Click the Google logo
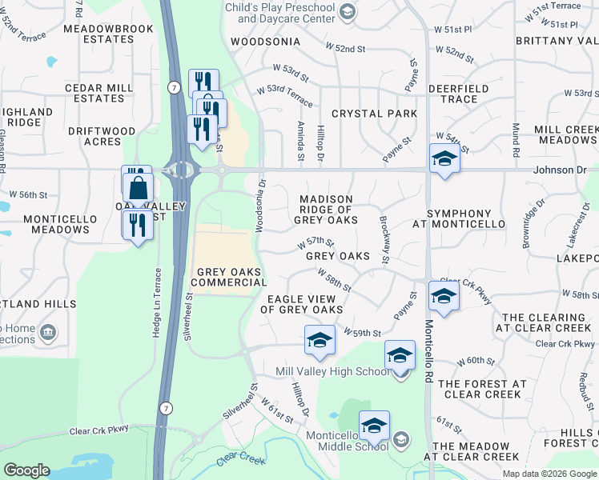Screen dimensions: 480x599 26,470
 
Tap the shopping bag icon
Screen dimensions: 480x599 139,189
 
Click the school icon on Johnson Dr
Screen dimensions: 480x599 444,158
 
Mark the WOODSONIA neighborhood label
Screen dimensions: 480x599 265,42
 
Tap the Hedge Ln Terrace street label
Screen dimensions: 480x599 157,302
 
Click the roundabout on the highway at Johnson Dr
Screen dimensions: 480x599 181,170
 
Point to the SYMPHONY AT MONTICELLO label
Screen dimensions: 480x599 459,219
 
